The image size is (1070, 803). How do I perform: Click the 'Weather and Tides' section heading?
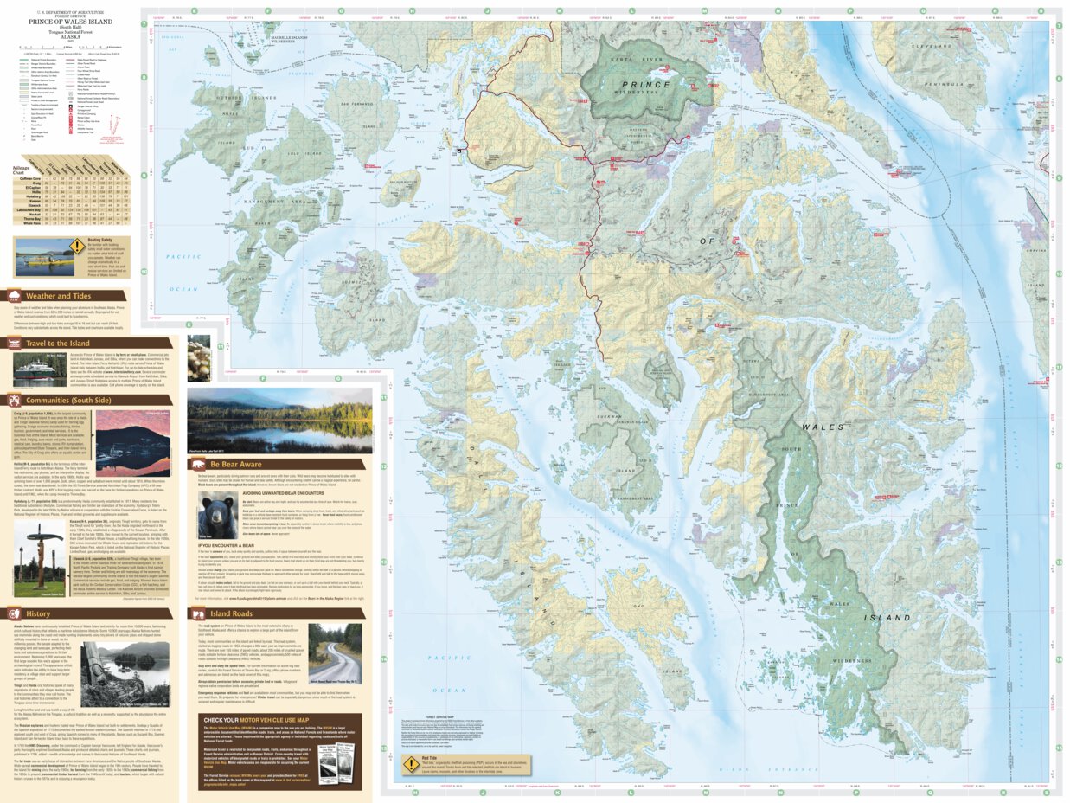click(x=59, y=295)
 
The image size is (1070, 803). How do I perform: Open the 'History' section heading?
click(x=38, y=613)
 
